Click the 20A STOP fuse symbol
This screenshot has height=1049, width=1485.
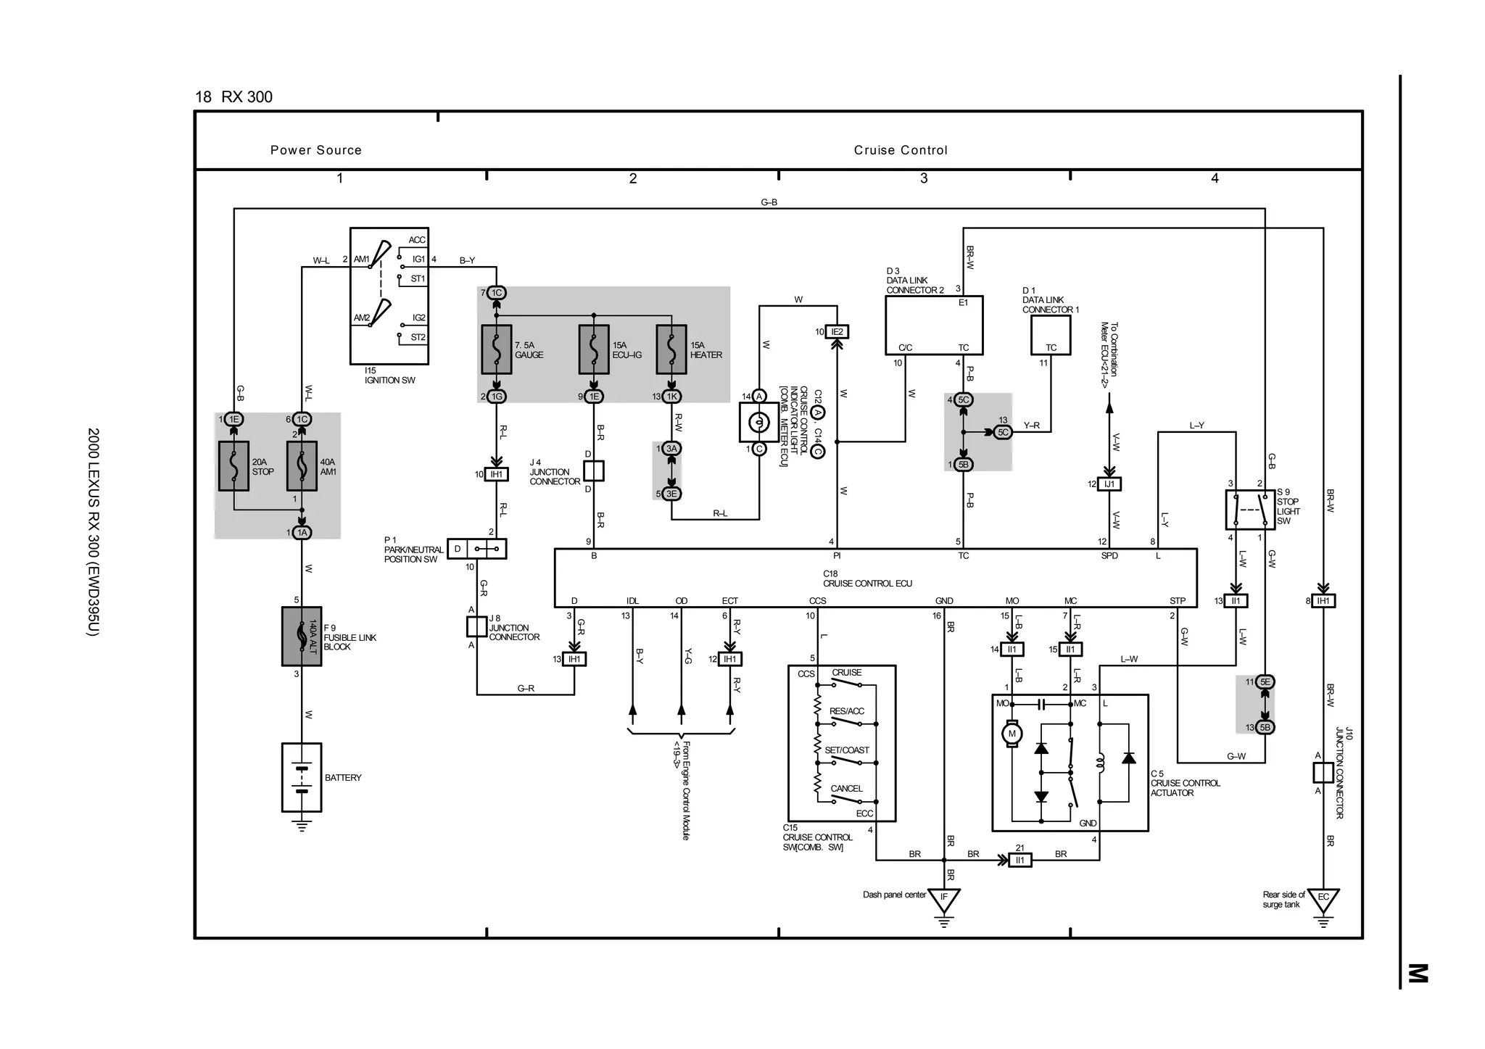tap(233, 466)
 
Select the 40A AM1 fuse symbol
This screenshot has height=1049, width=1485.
tap(302, 466)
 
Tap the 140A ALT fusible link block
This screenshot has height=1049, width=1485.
tap(302, 637)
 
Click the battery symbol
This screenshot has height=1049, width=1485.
tap(302, 777)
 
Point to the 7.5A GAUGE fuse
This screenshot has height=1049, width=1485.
tap(497, 349)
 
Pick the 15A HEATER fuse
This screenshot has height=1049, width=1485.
tap(671, 349)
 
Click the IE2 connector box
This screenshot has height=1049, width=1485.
tap(837, 332)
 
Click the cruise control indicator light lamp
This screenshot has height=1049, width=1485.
tap(758, 423)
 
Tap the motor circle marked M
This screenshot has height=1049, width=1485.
tap(1012, 734)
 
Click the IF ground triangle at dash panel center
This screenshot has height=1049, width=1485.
tap(944, 900)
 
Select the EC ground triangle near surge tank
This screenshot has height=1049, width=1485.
tap(1323, 900)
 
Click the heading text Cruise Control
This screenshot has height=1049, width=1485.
tap(901, 150)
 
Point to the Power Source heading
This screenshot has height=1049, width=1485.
tap(316, 150)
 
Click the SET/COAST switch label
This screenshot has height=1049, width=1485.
tap(846, 750)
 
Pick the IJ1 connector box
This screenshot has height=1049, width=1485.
tap(1109, 484)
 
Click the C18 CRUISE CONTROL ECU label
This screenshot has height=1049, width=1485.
tap(867, 579)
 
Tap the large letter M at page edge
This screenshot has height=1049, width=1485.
tap(1418, 973)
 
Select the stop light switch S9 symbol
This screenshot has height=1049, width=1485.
tap(1250, 510)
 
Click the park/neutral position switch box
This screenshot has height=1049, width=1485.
tap(476, 549)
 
